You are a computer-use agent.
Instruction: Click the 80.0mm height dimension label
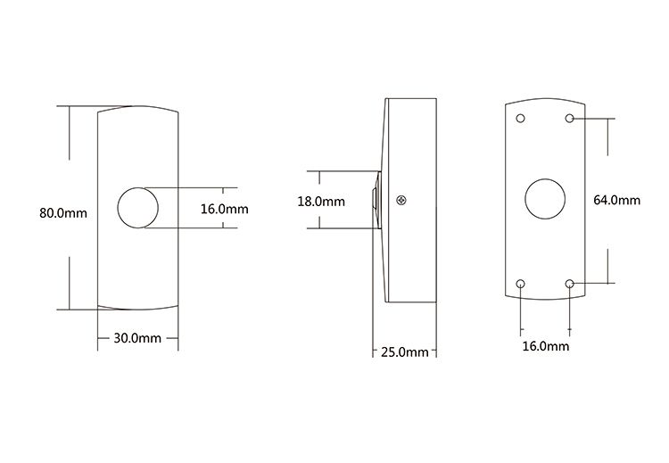[63, 213]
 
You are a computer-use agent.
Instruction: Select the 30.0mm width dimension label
[137, 338]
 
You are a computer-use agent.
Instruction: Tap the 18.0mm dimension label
[321, 202]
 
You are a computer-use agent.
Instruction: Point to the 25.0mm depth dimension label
[404, 352]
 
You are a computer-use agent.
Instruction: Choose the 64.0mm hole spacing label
[617, 200]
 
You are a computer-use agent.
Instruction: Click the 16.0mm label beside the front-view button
[225, 209]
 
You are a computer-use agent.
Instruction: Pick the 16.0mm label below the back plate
[546, 346]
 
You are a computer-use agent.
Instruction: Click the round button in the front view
[137, 207]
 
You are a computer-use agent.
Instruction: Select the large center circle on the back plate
[545, 199]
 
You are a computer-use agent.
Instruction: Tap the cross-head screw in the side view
[401, 200]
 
